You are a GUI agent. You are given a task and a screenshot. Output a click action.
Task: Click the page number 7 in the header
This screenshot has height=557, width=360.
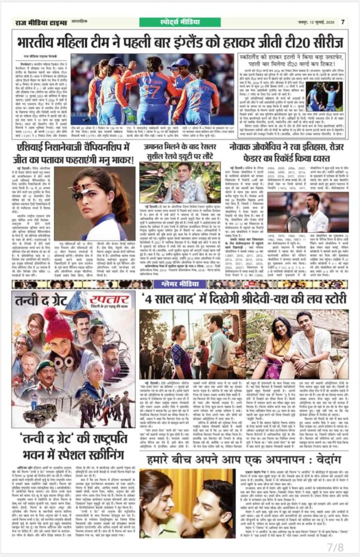coord(343,22)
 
